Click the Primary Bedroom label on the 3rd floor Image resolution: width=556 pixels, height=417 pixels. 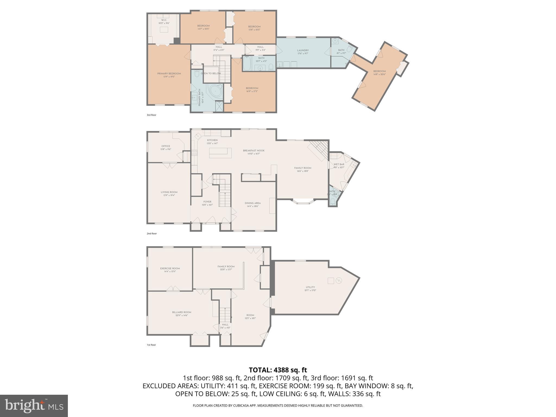click(x=169, y=75)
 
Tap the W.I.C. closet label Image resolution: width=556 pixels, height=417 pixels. click(x=164, y=21)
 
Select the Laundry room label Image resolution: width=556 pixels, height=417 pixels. click(x=303, y=52)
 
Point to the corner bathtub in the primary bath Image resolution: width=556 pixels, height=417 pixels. click(x=214, y=90)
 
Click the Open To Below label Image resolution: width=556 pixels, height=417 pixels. click(x=211, y=74)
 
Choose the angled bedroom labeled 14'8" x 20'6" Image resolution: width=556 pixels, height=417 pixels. click(x=379, y=73)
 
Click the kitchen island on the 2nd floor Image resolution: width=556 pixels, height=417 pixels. click(x=220, y=153)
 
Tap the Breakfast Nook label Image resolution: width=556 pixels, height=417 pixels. click(x=254, y=152)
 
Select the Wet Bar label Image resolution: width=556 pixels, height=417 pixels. click(x=339, y=166)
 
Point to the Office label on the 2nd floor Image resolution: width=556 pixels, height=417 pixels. click(x=166, y=147)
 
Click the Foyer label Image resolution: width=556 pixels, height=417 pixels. click(x=207, y=203)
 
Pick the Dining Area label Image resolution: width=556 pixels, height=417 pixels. click(x=252, y=204)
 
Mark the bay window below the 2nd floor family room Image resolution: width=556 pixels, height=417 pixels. click(x=304, y=202)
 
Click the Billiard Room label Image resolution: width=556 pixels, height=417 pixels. click(x=182, y=314)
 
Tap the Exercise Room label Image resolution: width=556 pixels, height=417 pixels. click(x=170, y=270)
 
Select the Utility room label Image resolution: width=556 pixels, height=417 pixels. click(x=310, y=289)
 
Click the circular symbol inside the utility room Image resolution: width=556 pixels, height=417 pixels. click(x=339, y=281)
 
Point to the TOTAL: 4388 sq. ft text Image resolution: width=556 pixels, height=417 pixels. click(x=278, y=370)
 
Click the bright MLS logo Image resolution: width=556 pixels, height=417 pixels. click(x=34, y=406)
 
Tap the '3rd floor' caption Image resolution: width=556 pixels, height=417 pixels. click(x=151, y=115)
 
